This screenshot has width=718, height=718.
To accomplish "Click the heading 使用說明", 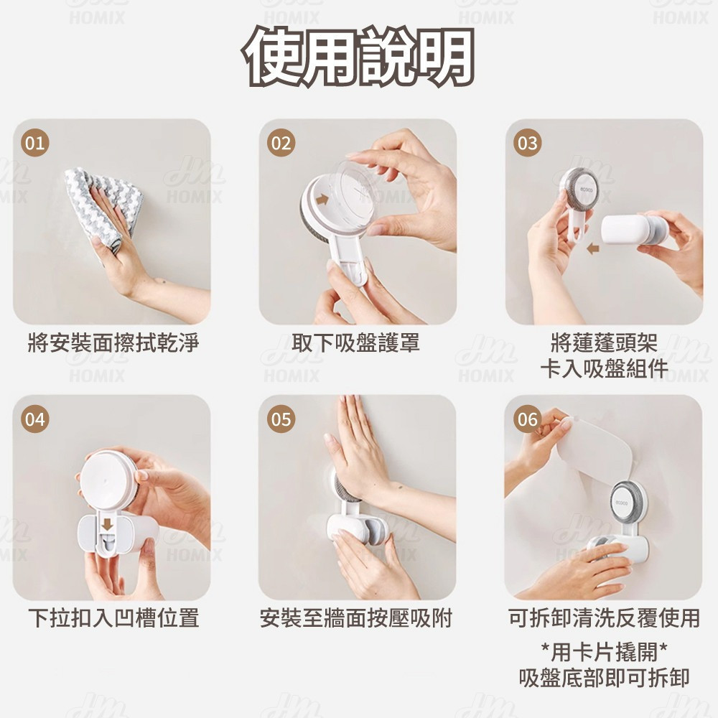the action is [359, 57].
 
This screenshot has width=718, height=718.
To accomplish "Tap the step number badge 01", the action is [35, 143].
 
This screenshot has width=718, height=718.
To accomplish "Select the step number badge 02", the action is [281, 143].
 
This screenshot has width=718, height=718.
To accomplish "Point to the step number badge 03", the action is [528, 143].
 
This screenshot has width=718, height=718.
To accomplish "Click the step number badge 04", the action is [35, 419].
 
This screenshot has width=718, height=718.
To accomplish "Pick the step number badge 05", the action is [281, 419].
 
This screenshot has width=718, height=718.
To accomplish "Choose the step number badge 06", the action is [528, 419].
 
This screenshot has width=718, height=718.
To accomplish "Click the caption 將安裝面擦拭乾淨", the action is [113, 343].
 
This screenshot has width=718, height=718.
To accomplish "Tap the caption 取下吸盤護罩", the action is [356, 343].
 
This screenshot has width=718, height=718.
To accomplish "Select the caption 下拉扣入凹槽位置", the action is [113, 617].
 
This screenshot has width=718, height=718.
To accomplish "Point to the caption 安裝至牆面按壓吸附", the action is [356, 617].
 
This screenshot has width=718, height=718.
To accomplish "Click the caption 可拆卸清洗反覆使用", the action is [604, 617].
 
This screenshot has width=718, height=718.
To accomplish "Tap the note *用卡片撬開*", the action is [604, 652].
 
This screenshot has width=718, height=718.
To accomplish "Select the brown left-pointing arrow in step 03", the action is [593, 248].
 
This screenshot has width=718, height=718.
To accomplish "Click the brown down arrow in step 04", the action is [107, 524].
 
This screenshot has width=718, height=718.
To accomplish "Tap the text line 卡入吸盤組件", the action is [604, 368].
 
